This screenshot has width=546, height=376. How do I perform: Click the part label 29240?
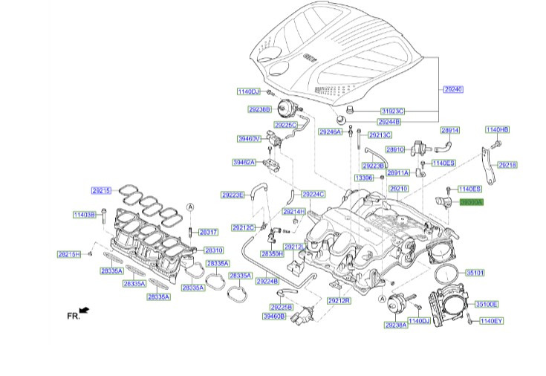pos(453,89)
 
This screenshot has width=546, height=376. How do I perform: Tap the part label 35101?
pos(475,273)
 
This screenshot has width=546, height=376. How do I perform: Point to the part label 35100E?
pos(487,305)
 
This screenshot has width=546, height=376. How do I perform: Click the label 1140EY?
pos(491,321)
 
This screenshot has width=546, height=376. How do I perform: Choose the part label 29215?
pos(101,191)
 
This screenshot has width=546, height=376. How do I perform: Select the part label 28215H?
pos(70,254)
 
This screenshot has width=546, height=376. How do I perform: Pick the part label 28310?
pos(214,250)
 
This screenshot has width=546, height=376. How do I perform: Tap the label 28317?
pos(208,233)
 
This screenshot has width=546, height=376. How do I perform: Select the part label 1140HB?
pos(498,130)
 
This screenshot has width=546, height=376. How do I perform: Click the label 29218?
pos(507,164)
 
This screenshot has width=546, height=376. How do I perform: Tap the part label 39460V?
pos(249,138)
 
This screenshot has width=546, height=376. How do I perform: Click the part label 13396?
pos(364,178)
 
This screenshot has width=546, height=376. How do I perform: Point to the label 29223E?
pos(232,195)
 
